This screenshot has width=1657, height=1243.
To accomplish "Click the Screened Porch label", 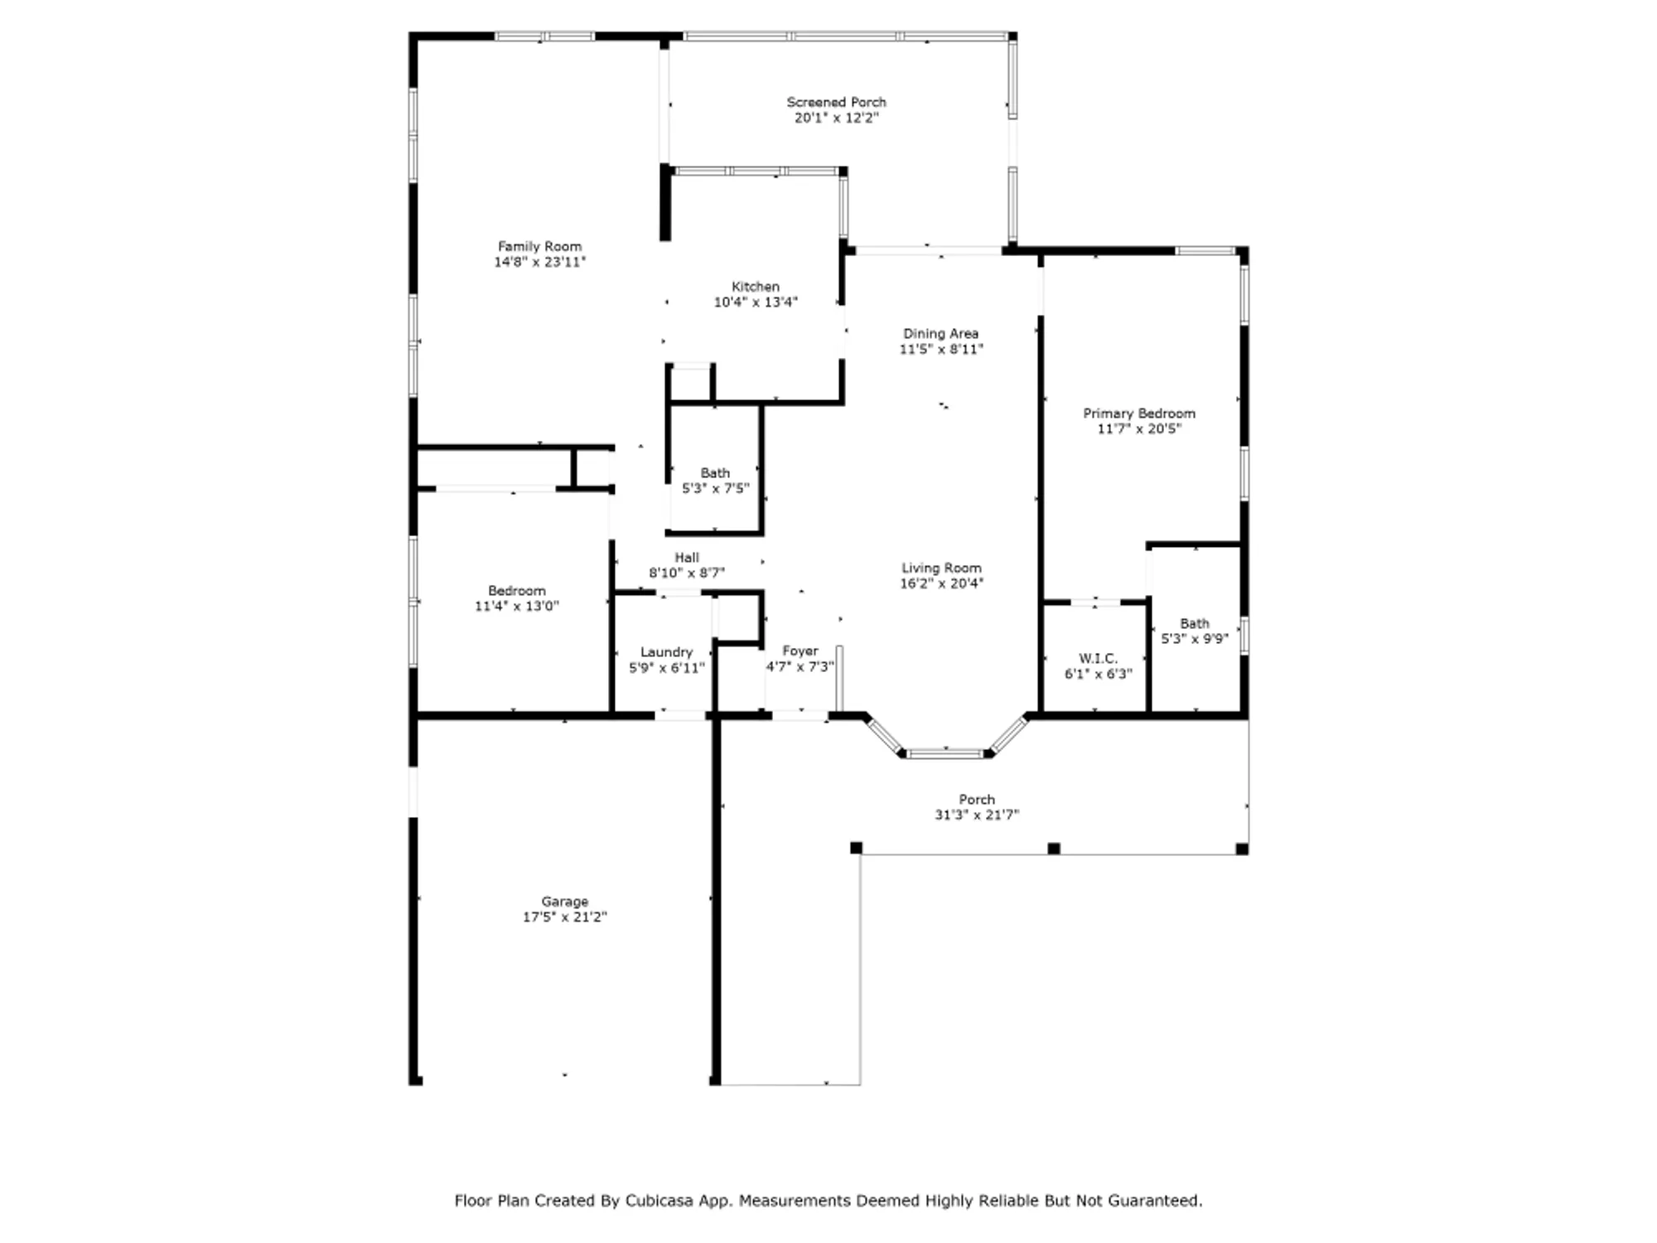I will (x=836, y=102).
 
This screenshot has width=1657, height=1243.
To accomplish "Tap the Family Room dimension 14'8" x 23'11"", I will (x=539, y=262).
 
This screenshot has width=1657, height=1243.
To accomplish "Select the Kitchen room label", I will (x=755, y=287).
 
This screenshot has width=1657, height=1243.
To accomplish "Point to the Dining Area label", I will (x=940, y=333).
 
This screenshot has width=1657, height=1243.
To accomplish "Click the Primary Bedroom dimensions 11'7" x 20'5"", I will (x=1139, y=428).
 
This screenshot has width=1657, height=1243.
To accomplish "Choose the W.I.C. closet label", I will (x=1098, y=659).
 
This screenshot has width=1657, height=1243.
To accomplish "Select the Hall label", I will (x=686, y=558).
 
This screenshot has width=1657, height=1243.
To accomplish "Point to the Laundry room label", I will (x=666, y=652).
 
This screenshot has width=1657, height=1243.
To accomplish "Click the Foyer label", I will (x=800, y=651).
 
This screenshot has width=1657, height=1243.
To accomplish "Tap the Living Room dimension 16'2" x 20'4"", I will (x=941, y=583).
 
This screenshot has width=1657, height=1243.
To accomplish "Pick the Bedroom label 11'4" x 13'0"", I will (x=516, y=591).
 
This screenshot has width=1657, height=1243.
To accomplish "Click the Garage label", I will (x=564, y=902).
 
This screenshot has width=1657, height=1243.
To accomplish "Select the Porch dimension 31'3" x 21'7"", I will (x=977, y=815).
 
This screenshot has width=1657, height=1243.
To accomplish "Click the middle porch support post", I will (x=1054, y=849).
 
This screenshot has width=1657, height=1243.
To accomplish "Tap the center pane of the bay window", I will (x=945, y=753).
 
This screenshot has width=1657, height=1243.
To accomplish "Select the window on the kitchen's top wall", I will (x=756, y=172).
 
